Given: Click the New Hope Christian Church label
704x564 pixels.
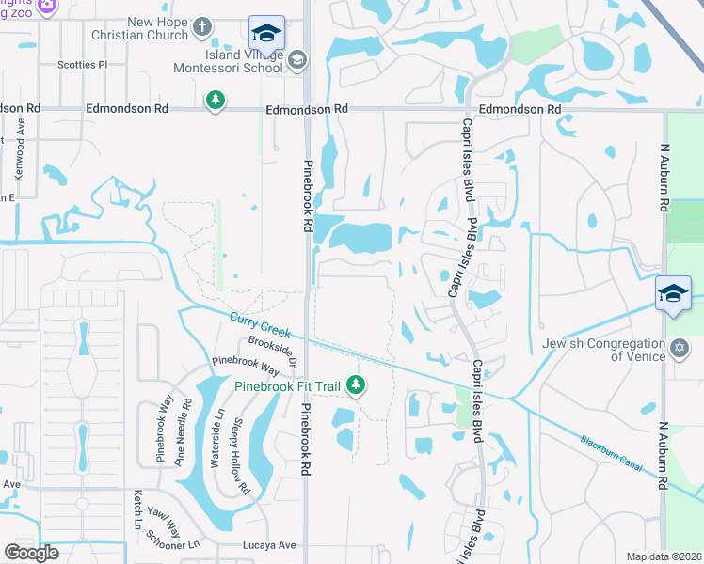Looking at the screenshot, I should [142, 28].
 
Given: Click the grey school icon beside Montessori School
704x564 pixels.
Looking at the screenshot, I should [297, 60].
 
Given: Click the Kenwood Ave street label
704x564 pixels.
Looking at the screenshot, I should [20, 149].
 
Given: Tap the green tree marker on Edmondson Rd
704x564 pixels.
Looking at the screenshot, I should [216, 99].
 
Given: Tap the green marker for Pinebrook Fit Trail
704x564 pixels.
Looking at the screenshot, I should [356, 384].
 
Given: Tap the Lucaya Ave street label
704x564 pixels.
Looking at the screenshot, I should [272, 545].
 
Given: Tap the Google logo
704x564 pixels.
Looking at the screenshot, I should [31, 553].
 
